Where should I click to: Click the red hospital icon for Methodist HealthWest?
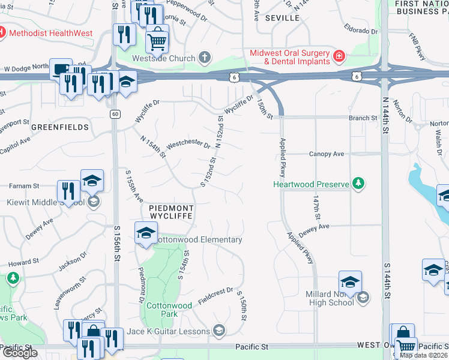(x=2, y=32)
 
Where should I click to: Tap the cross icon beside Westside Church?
(x=205, y=58)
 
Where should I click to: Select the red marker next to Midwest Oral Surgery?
(x=339, y=58)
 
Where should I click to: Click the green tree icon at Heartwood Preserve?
(x=358, y=183)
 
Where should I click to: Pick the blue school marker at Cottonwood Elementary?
(x=146, y=234)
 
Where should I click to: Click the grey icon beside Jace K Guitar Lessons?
(x=220, y=331)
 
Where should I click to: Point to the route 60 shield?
(x=115, y=113)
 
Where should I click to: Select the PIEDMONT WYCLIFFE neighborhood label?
(x=170, y=211)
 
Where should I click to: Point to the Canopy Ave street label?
(x=327, y=154)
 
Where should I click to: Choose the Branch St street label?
(x=363, y=118)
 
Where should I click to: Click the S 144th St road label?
(x=387, y=277)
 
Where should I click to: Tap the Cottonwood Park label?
(x=169, y=310)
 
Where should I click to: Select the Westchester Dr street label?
(x=188, y=145)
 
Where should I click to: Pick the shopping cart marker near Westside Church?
(x=157, y=41)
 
